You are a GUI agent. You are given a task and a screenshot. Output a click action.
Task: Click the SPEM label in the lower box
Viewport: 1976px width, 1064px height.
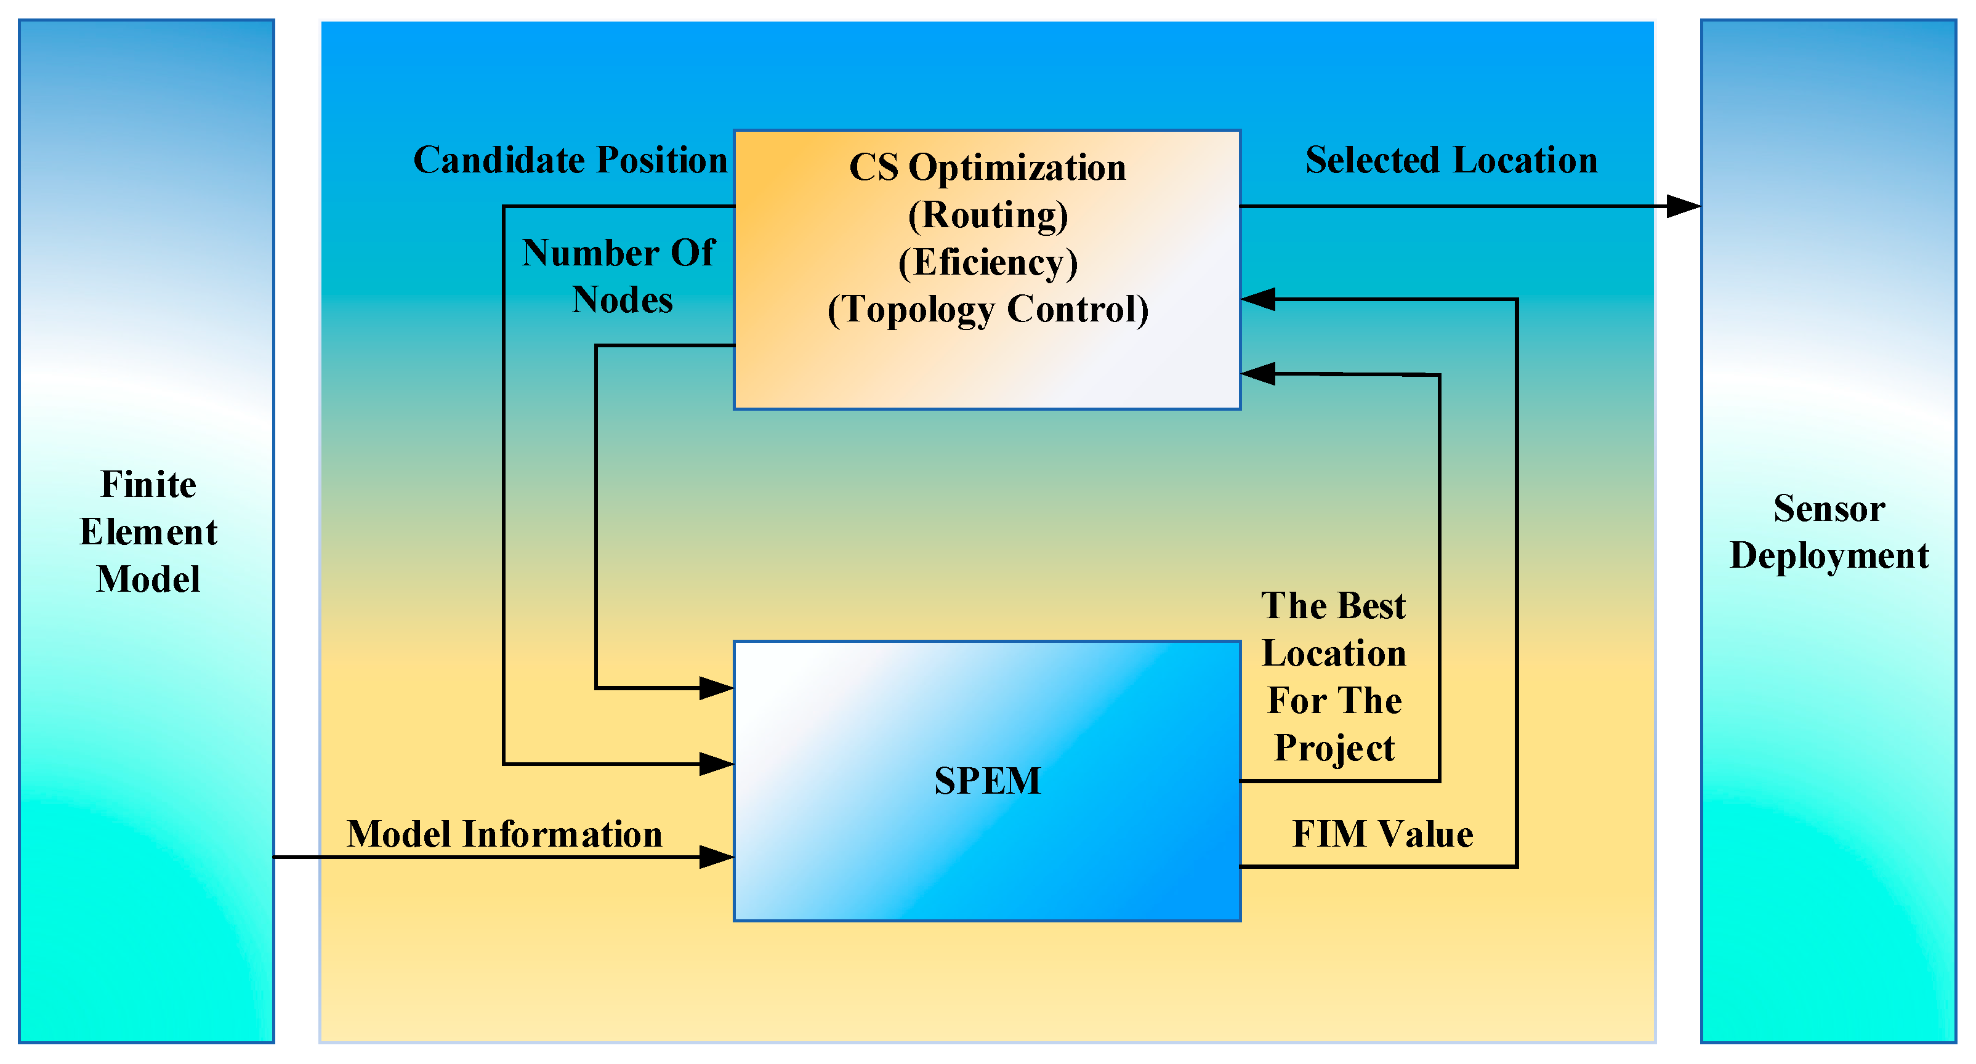pyautogui.click(x=987, y=781)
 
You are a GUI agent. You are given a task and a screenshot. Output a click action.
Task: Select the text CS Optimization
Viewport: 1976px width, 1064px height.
pyautogui.click(x=987, y=167)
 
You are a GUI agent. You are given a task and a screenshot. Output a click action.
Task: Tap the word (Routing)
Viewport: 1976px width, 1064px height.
pyautogui.click(x=987, y=215)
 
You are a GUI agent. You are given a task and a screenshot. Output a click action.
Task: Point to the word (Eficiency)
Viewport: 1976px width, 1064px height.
pyautogui.click(x=987, y=262)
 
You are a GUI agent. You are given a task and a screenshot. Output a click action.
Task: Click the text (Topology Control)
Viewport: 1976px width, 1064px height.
pyautogui.click(x=987, y=310)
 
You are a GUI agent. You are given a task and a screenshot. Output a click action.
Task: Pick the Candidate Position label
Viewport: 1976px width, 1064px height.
pyautogui.click(x=570, y=160)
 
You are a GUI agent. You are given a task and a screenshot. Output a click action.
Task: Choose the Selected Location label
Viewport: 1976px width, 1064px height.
pyautogui.click(x=1451, y=160)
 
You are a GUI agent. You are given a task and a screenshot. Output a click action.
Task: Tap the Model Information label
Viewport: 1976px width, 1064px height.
pyautogui.click(x=504, y=834)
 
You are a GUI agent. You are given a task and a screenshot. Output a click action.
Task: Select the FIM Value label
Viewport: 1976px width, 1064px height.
pyautogui.click(x=1382, y=834)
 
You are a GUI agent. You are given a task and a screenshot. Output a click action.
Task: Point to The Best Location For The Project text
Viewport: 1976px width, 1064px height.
pyautogui.click(x=1334, y=677)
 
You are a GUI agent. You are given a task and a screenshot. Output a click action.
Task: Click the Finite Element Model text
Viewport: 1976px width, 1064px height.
pyautogui.click(x=148, y=531)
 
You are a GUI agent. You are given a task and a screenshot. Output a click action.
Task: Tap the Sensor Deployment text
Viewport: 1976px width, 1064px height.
pyautogui.click(x=1829, y=531)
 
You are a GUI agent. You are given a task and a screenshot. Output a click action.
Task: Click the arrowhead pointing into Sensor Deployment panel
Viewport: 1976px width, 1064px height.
pyautogui.click(x=1685, y=206)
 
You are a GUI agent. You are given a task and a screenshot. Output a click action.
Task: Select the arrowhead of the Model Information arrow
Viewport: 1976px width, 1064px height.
pyautogui.click(x=717, y=857)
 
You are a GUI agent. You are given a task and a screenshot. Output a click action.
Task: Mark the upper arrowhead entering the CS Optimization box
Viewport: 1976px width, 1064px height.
pyautogui.click(x=1258, y=299)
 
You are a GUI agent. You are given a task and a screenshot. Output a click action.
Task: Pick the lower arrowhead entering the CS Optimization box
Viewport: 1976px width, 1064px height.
pyautogui.click(x=1258, y=374)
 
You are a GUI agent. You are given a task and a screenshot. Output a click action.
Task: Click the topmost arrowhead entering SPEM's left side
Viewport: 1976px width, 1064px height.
pyautogui.click(x=717, y=688)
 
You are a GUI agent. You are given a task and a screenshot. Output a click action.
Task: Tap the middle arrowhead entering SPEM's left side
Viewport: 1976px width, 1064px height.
pyautogui.click(x=717, y=764)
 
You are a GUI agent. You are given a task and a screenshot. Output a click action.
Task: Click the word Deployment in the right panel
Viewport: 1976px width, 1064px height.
pyautogui.click(x=1829, y=555)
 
